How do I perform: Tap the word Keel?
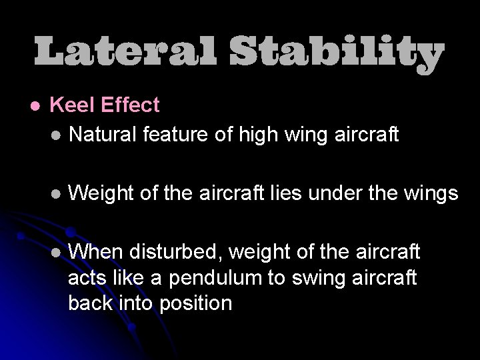click(70, 105)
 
